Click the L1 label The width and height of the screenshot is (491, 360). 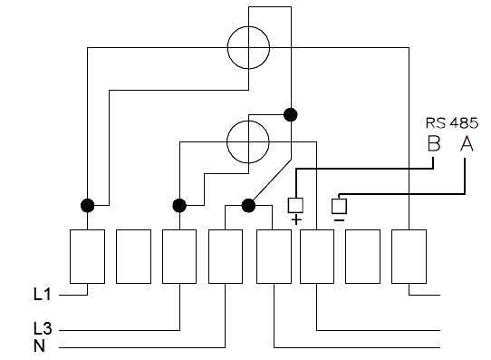pos(43,295)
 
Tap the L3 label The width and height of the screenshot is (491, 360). pos(43,328)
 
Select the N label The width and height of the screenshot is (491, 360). pos(40,346)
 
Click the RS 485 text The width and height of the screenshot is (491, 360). pos(452,122)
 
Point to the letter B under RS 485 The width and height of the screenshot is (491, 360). pos(434,143)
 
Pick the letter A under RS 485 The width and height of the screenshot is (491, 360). pos(467,143)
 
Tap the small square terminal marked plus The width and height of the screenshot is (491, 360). pos(295,205)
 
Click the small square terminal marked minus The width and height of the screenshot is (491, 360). pos(339,206)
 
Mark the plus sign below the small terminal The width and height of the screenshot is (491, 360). pos(296,220)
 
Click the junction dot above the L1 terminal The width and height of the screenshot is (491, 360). pos(87,206)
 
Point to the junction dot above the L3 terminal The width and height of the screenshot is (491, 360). pos(179,206)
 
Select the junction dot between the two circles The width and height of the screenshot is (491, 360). pos(290,114)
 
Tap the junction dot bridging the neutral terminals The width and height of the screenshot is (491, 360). pos(248,206)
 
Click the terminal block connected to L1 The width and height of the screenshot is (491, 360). pos(87,257)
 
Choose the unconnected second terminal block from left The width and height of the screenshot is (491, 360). pos(133,257)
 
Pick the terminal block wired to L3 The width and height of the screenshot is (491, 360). pos(179,257)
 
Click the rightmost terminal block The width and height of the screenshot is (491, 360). pos(409,257)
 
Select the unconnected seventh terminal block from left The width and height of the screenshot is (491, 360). pos(362,257)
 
